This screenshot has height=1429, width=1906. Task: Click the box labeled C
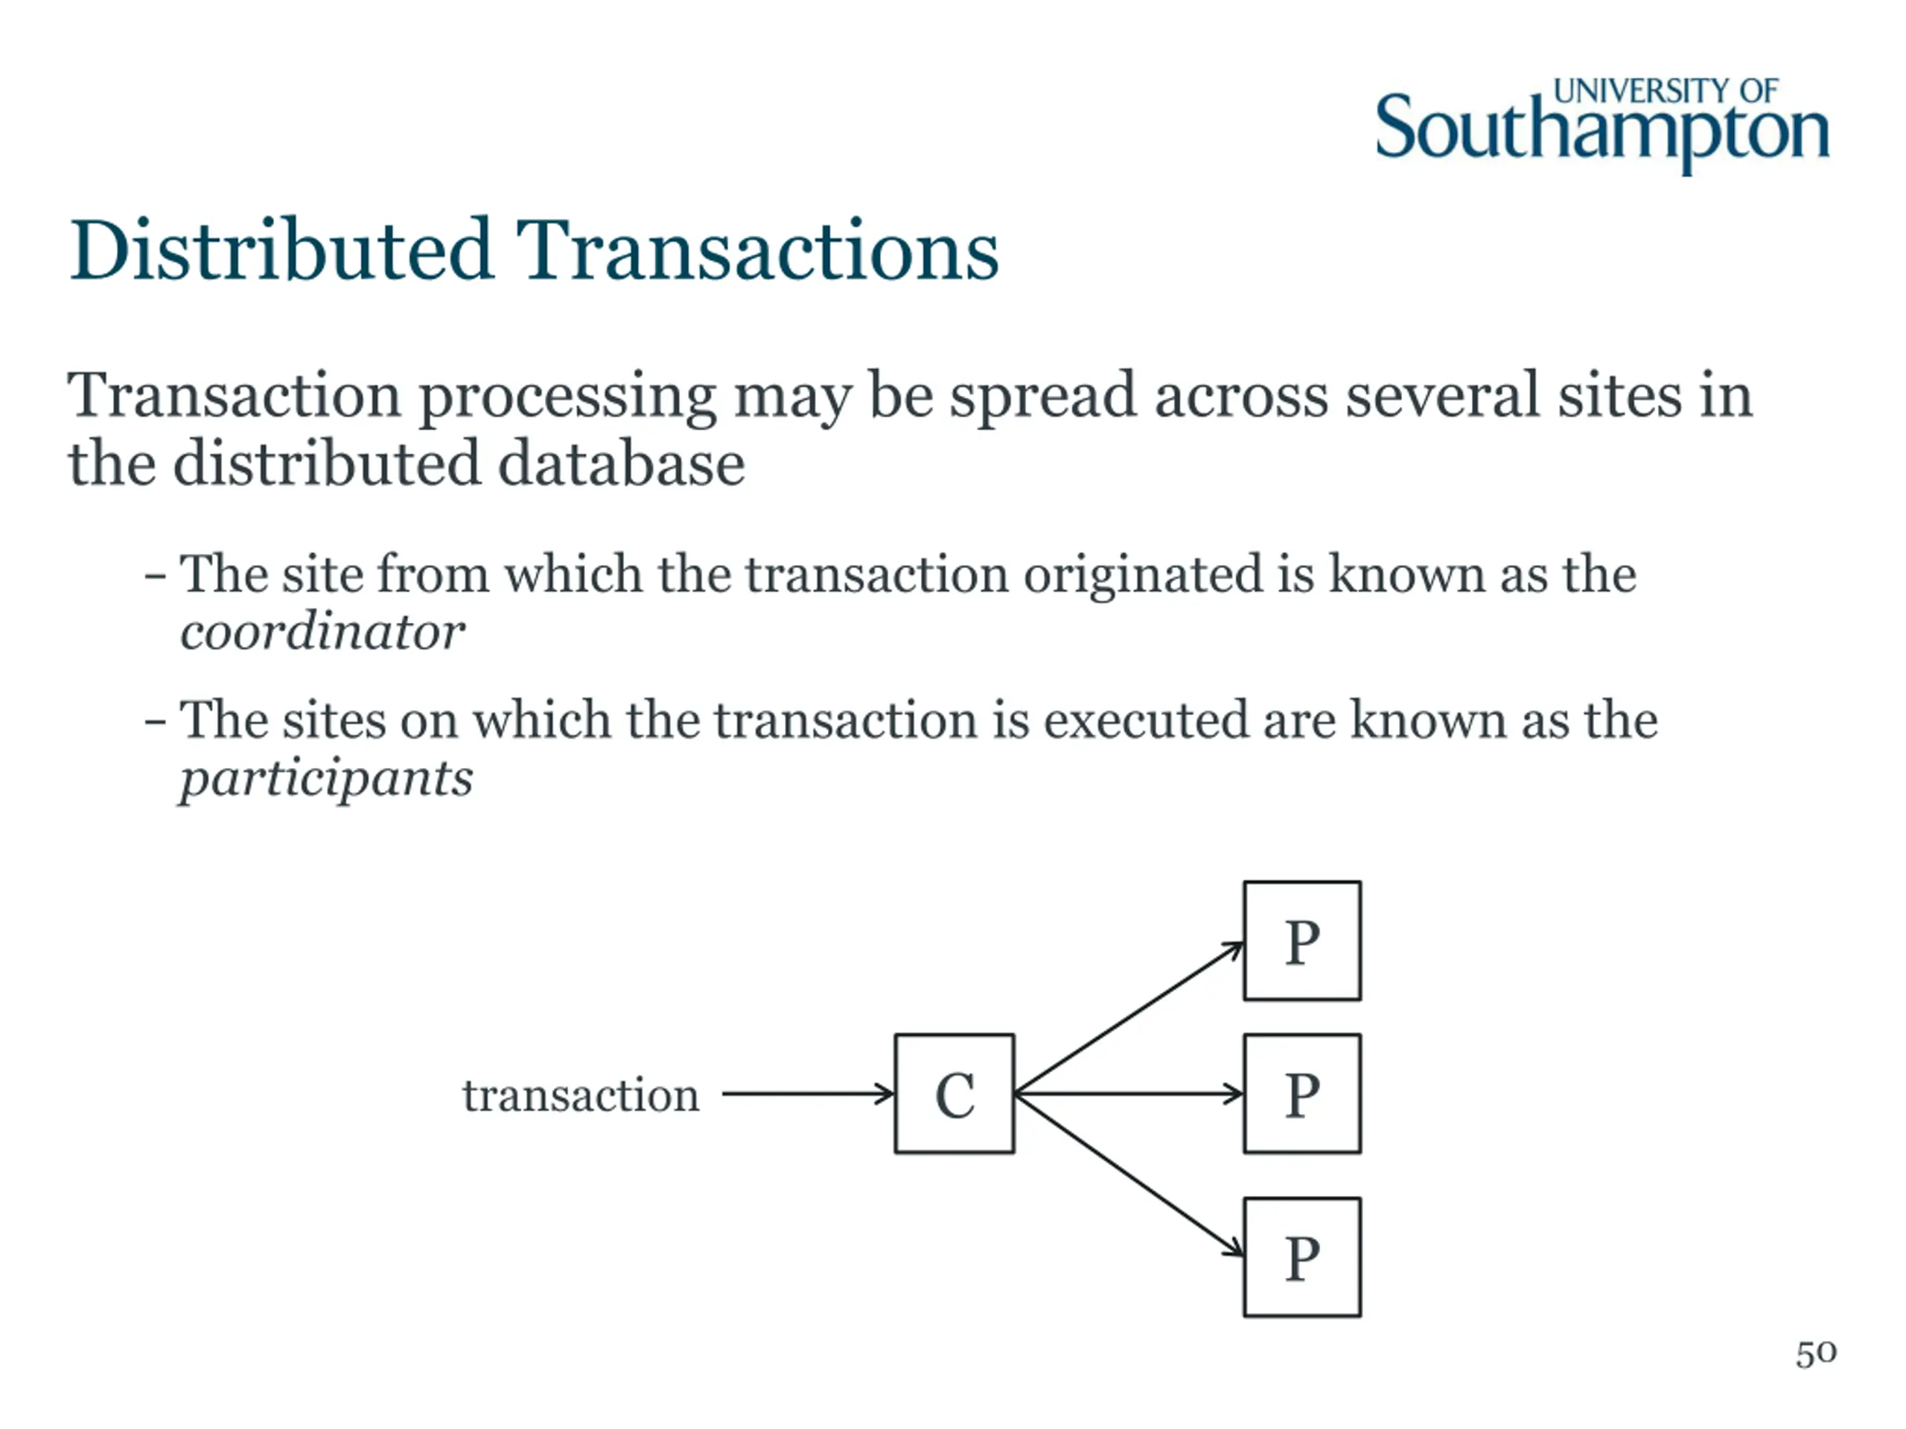coord(954,1093)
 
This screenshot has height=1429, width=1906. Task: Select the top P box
coord(1302,941)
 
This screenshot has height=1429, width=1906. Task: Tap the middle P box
coord(1302,1093)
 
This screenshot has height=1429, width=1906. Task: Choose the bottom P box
coord(1302,1257)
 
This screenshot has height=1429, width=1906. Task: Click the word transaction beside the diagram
coord(581,1096)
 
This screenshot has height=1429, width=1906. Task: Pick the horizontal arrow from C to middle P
coord(1129,1094)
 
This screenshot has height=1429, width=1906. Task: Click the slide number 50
coord(1815,1354)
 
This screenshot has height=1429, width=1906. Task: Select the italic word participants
coord(325,779)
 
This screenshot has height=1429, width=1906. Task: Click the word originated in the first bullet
coord(1144,574)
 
